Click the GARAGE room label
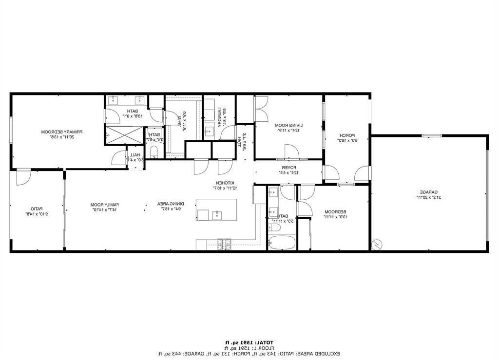[429, 195]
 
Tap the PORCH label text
[346, 137]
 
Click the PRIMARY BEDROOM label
[61, 134]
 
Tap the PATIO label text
[35, 211]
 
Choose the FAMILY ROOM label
[105, 207]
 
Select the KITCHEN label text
[226, 185]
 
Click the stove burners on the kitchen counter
[224, 244]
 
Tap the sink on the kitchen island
[217, 215]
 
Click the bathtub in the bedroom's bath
[282, 243]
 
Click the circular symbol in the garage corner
[377, 245]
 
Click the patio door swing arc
[23, 179]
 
